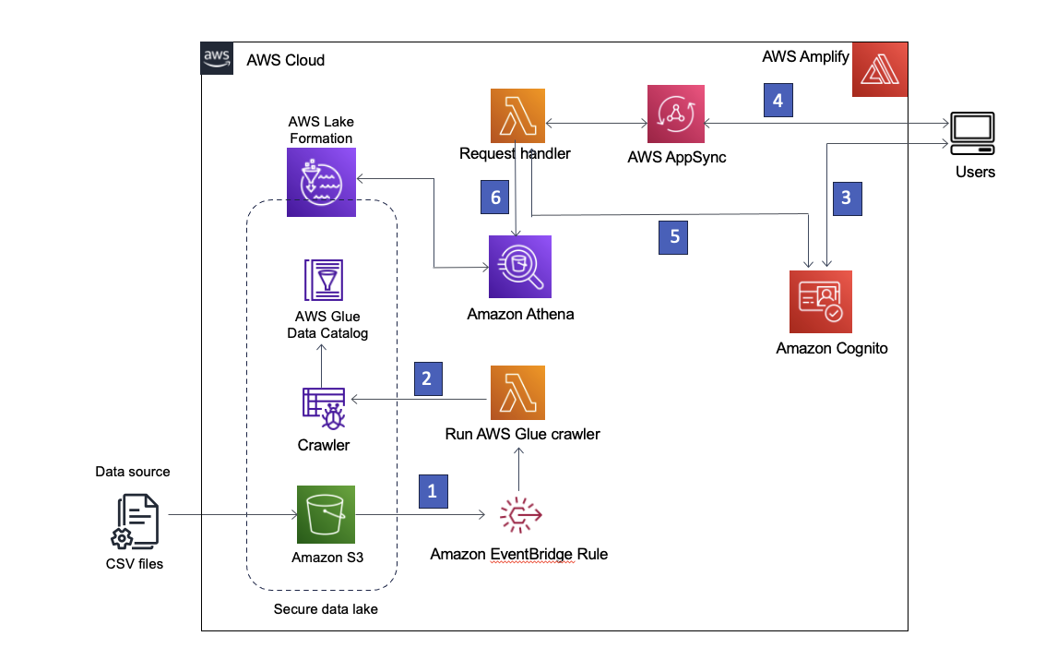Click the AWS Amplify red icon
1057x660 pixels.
click(x=880, y=70)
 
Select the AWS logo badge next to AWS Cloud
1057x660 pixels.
click(x=217, y=59)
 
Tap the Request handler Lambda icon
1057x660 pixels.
click(x=517, y=115)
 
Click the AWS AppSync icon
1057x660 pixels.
click(x=675, y=114)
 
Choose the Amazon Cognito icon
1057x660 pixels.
click(x=821, y=302)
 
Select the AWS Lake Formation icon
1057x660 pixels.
click(x=317, y=185)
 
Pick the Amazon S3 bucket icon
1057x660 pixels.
click(x=326, y=515)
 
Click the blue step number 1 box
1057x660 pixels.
click(x=433, y=491)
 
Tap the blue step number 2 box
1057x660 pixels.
click(x=428, y=379)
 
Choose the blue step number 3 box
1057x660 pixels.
click(x=847, y=198)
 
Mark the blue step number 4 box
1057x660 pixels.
click(x=778, y=100)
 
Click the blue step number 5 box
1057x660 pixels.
click(x=673, y=236)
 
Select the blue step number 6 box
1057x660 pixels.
click(x=495, y=198)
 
